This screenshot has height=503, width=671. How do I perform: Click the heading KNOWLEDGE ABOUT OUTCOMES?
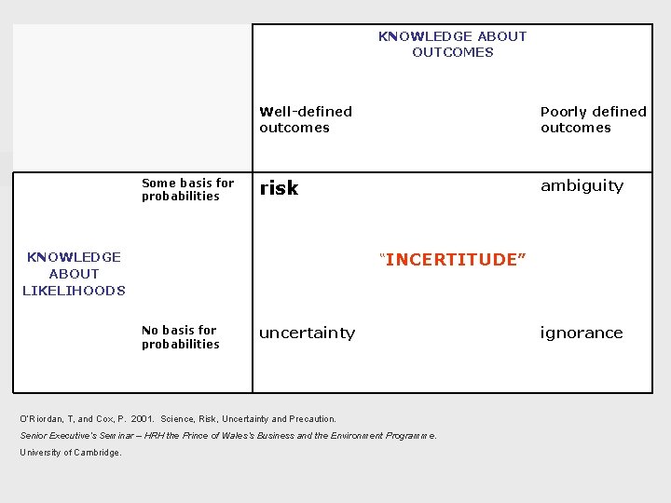pos(452,44)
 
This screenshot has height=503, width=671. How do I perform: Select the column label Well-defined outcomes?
pos(306,119)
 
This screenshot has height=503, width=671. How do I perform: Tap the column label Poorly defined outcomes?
pos(593,119)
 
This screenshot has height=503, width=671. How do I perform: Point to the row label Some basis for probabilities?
pos(187,189)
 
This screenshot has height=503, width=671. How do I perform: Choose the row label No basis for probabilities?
pos(180,336)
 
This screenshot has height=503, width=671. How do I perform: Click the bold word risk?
pos(279,188)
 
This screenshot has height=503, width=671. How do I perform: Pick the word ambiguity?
pos(582,185)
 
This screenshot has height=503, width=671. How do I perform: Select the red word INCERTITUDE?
pos(453,259)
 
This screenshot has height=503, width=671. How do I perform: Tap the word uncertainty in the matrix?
pos(307,333)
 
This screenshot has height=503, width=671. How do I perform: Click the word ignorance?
pos(582,333)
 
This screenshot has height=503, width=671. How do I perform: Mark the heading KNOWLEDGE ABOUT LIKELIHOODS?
pos(74,273)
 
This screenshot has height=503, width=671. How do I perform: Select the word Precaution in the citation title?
pos(311,419)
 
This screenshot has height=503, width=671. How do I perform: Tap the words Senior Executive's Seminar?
pos(70,436)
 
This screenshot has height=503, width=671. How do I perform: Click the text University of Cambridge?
pos(71,453)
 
